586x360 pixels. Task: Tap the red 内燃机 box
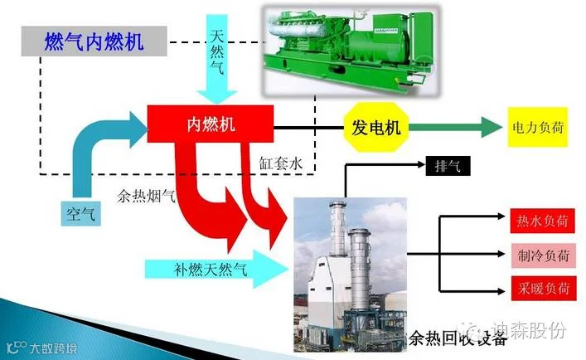[x=211, y=125]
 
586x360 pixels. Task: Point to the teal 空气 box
[x=80, y=213]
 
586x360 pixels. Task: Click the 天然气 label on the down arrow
[x=218, y=46]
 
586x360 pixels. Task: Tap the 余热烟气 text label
[x=147, y=197]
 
